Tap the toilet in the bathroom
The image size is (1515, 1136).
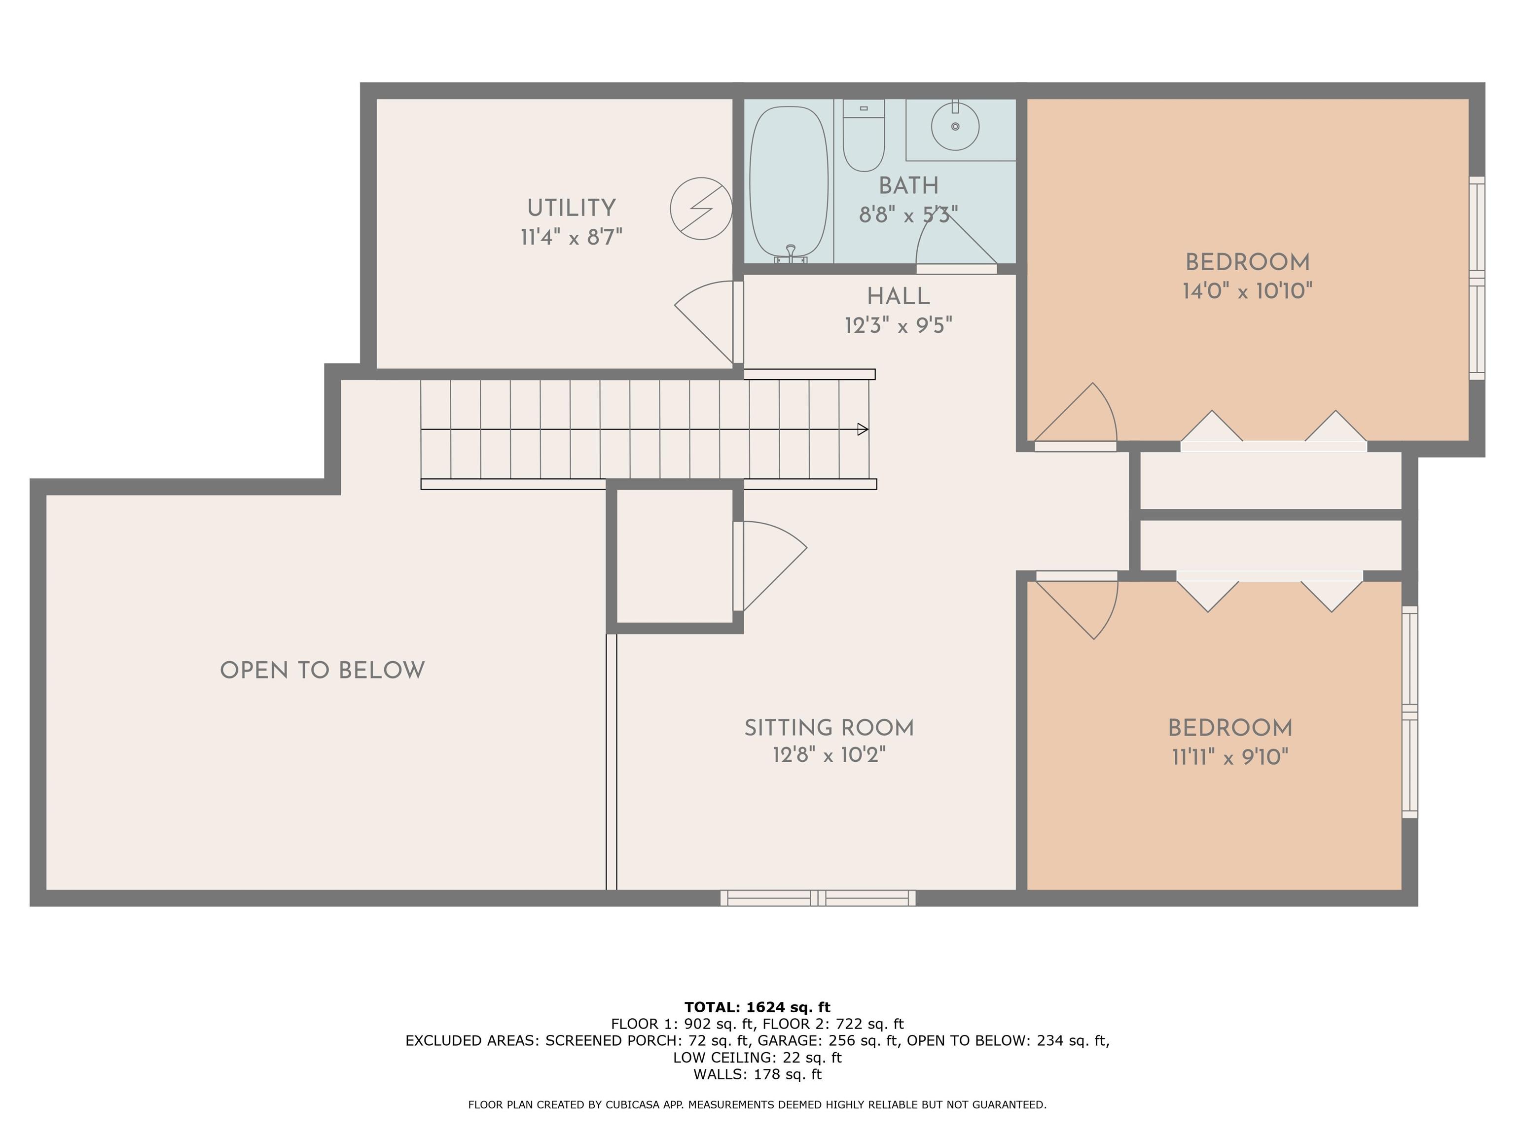(x=864, y=136)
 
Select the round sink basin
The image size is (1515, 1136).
(x=955, y=126)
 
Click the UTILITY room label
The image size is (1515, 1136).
(x=571, y=208)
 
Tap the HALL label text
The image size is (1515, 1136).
(x=898, y=296)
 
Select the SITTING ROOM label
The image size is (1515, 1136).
(x=829, y=728)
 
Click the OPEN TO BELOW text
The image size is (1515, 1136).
(x=322, y=671)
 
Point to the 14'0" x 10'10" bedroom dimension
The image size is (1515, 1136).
(x=1247, y=291)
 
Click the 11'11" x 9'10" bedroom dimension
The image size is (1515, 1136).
(x=1230, y=757)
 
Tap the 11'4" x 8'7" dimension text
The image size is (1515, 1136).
(x=571, y=238)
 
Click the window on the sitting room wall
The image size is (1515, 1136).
(x=818, y=898)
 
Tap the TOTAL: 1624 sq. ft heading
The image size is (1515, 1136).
(x=757, y=1007)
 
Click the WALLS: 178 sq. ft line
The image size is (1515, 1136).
(x=757, y=1074)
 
